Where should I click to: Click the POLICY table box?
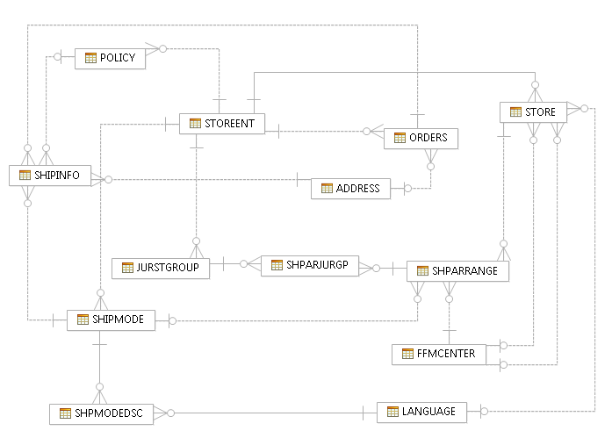point(110,58)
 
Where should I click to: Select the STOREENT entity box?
point(221,124)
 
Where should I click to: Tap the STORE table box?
point(533,112)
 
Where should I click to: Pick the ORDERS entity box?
point(421,138)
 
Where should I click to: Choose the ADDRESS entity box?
point(349,188)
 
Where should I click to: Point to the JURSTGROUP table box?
point(161,268)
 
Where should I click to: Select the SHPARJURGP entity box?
point(310,264)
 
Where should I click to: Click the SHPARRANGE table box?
point(457,271)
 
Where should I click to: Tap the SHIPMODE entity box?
point(111,320)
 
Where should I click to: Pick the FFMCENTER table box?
point(438,354)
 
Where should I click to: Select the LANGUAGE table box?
point(421,411)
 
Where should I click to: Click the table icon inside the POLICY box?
point(90,58)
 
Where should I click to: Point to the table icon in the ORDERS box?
point(400,138)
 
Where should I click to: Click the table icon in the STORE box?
point(515,112)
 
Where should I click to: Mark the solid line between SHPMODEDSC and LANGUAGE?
point(263,412)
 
